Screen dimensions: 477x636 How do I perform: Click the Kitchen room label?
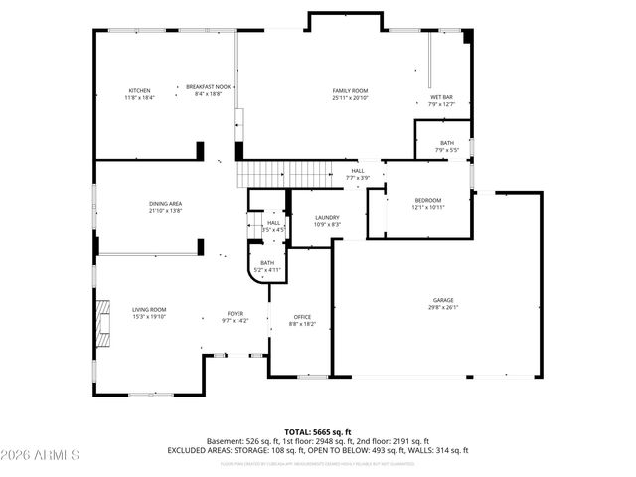138,90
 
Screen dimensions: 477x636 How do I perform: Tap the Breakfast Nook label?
208,87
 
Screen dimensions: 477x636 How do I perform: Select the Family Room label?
350,90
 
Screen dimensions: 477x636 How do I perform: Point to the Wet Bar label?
441,96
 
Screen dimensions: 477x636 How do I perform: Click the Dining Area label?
165,203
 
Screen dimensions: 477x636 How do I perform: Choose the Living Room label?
149,309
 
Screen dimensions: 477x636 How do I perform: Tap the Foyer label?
235,313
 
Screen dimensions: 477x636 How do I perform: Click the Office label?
302,317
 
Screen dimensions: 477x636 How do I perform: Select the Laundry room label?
327,217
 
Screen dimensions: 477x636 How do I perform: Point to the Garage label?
444,299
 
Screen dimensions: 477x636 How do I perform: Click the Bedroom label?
427,200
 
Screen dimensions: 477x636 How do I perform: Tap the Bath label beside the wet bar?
447,143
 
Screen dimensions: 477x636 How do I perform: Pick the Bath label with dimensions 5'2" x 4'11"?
268,262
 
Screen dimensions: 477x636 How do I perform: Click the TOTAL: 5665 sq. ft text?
318,431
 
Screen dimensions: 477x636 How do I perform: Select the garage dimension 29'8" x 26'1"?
444,307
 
